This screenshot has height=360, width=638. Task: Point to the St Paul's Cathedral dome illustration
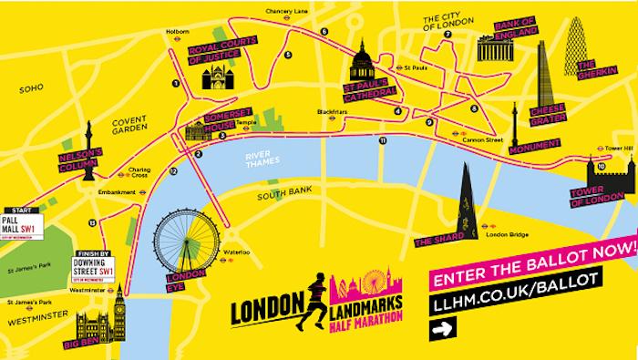(x=361, y=64)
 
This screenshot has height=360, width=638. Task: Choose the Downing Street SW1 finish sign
(x=94, y=268)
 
